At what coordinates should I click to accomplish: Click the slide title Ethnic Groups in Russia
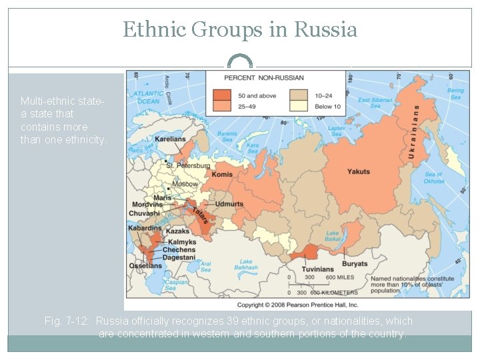tap(240, 29)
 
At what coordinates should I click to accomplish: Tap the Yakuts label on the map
tap(358, 172)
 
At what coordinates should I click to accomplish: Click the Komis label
tap(223, 175)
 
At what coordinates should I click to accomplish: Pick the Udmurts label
tap(229, 203)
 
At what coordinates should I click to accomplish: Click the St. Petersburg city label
tap(188, 165)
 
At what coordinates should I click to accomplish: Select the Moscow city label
tap(185, 183)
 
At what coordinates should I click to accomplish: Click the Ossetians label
tap(145, 266)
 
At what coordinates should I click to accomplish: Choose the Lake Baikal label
tap(333, 236)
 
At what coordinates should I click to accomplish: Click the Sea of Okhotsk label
tap(433, 177)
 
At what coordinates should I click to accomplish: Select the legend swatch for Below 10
tap(297, 107)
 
